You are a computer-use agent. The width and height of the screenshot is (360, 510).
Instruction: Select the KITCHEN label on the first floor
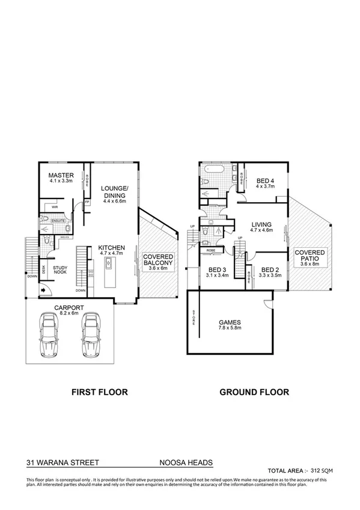pos(112,247)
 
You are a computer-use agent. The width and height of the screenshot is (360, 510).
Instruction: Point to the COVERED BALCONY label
pos(159,260)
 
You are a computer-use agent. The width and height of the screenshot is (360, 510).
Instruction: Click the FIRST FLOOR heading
pos(99,392)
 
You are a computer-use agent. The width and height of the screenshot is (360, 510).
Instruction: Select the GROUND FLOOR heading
pos(254,392)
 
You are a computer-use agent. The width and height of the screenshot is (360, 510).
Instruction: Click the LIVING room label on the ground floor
pos(262,224)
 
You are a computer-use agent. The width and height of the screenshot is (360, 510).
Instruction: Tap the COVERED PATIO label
pos(310,256)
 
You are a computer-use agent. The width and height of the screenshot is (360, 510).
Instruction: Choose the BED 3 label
pos(216,270)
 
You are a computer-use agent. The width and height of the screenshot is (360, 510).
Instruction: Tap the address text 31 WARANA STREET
pos(63,463)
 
